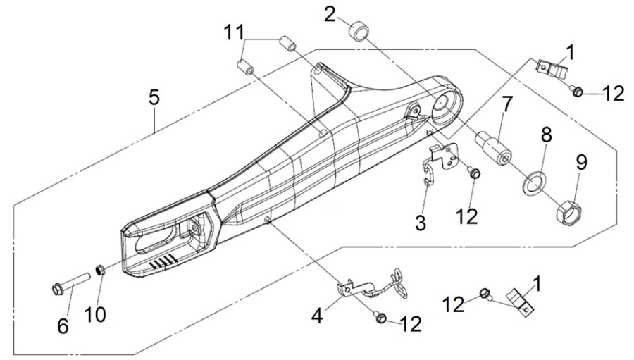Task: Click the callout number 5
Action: pyautogui.click(x=154, y=97)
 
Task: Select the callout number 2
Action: pyautogui.click(x=330, y=15)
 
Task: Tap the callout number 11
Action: pyautogui.click(x=235, y=32)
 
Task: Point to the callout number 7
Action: pyautogui.click(x=507, y=104)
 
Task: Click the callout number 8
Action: pyautogui.click(x=546, y=135)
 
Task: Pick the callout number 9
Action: pyautogui.click(x=581, y=162)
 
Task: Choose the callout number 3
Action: pyautogui.click(x=421, y=223)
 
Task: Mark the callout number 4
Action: pyautogui.click(x=317, y=316)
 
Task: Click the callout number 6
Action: pyautogui.click(x=63, y=326)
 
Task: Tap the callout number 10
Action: pyautogui.click(x=95, y=314)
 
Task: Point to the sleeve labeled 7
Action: pyautogui.click(x=493, y=149)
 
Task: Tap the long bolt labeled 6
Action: pyautogui.click(x=70, y=284)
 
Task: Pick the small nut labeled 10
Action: pyautogui.click(x=100, y=269)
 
